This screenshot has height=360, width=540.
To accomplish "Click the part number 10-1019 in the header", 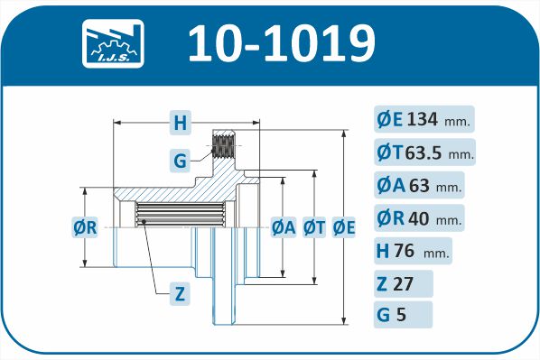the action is [282, 43].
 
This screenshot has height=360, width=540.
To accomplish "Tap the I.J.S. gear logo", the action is [113, 43].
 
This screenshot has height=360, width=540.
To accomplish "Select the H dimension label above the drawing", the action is [180, 122].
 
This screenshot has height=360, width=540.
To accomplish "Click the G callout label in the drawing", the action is [180, 161].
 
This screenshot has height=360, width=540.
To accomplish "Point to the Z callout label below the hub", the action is [180, 294].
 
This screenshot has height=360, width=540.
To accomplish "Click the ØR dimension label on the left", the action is [85, 227].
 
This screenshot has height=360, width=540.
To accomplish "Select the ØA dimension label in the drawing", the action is [284, 227].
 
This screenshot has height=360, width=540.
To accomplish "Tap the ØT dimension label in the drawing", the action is [314, 227].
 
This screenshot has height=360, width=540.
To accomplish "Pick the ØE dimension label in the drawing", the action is [344, 227].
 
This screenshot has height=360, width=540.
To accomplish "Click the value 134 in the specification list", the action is [423, 119].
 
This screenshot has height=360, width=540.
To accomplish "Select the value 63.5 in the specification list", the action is [424, 152].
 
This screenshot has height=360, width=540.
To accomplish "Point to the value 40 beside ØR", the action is [419, 218].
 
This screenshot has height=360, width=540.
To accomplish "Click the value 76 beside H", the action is [405, 251].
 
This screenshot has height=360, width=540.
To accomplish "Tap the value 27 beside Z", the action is [403, 284].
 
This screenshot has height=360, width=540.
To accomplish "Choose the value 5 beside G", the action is [401, 315].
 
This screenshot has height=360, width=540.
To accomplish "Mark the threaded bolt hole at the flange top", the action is [224, 146].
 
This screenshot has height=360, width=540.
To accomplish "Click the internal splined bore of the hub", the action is [180, 215].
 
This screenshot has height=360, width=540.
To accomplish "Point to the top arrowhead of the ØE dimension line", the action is [344, 134].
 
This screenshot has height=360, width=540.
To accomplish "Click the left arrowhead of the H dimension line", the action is [117, 122].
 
